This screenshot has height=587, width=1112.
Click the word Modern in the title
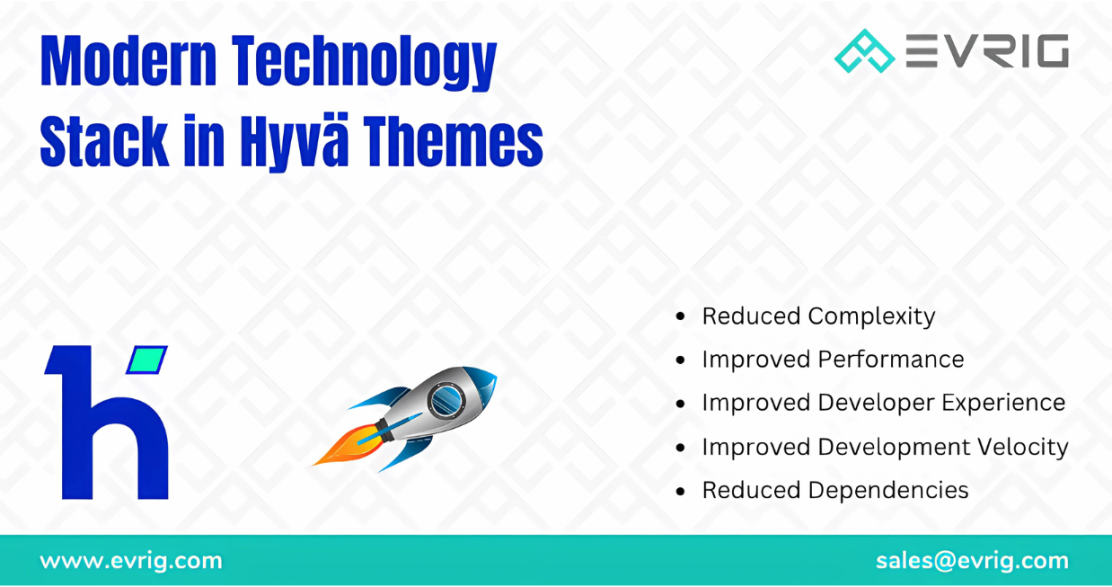[x=128, y=61]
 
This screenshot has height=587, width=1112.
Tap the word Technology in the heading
[x=364, y=65]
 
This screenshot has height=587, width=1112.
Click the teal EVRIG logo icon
[x=864, y=51]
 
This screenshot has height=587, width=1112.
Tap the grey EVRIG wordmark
[x=987, y=51]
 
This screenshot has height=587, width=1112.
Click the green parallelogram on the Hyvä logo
[x=147, y=359]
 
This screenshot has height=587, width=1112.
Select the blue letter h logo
[x=106, y=423]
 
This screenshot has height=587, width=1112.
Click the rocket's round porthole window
[x=446, y=401]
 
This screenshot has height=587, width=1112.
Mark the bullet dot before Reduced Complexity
[x=681, y=316]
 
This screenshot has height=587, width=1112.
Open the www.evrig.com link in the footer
[x=131, y=561]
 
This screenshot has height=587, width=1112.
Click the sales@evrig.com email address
[x=972, y=561]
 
